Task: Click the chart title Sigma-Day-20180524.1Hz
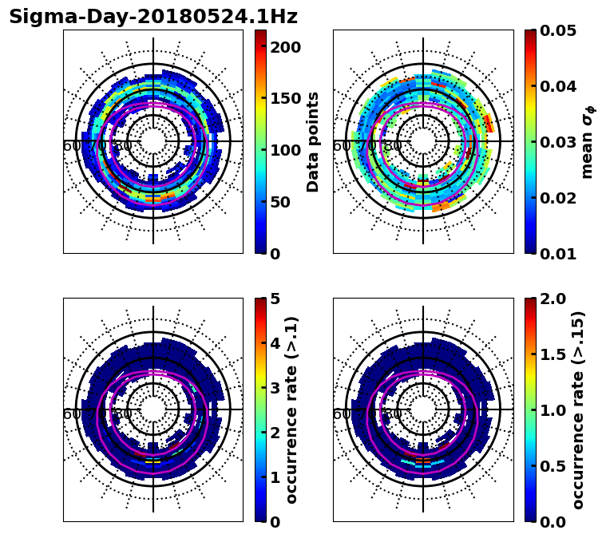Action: [x=153, y=17]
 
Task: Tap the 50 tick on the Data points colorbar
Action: [x=279, y=202]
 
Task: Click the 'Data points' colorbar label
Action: [x=313, y=142]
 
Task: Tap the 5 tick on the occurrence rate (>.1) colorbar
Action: [x=275, y=299]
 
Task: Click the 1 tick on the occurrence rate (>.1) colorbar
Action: [x=275, y=477]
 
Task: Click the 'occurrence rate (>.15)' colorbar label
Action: [x=579, y=410]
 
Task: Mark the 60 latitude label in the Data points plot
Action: [x=71, y=146]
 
